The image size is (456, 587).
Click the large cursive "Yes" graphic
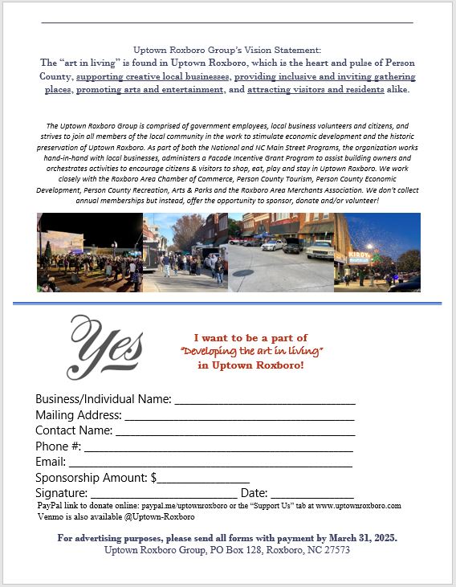105,346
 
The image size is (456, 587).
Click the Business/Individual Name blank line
264,401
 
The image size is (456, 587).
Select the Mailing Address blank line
238,418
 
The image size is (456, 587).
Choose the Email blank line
210,464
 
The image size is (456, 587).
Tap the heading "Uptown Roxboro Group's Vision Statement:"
227,50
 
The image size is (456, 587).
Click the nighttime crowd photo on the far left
89,252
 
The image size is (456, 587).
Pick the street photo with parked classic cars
281,252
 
